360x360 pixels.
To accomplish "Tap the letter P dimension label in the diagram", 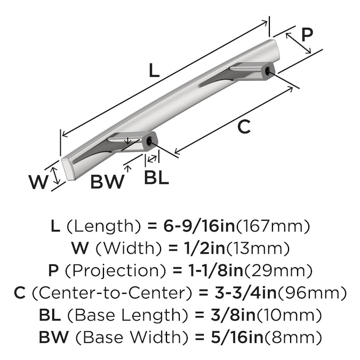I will [307, 35].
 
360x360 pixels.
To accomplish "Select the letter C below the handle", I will [244, 127].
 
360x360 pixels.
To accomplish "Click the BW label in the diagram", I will [107, 182].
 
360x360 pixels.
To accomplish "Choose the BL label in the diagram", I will [156, 178].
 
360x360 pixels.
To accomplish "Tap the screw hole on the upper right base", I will [267, 70].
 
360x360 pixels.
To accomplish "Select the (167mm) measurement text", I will [273, 226].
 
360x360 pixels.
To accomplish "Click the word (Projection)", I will [106, 270].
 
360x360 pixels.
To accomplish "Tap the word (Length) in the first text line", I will [102, 226].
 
